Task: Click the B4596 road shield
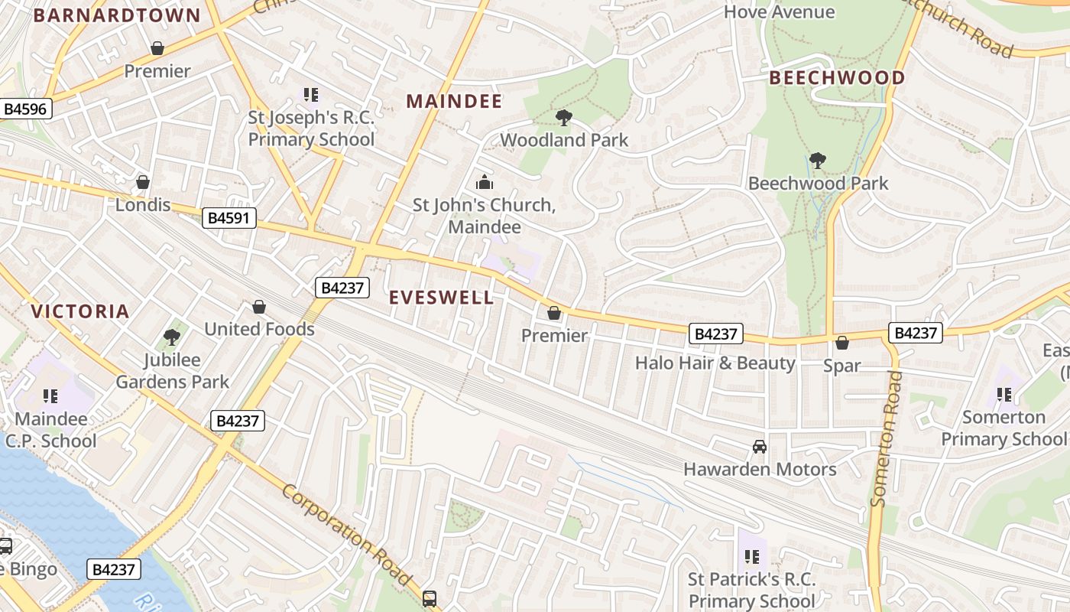click(x=25, y=109)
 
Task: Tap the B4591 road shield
click(x=229, y=218)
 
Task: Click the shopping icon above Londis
click(x=142, y=182)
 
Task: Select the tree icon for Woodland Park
click(x=564, y=118)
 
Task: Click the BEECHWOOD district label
click(x=837, y=77)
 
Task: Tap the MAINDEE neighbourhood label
click(x=454, y=101)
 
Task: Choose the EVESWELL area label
click(x=442, y=298)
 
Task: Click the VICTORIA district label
click(x=80, y=311)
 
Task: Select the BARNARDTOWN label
click(x=117, y=15)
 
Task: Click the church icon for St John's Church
click(x=484, y=182)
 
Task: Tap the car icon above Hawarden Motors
click(x=759, y=447)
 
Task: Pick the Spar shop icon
click(x=842, y=343)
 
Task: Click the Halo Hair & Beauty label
click(x=715, y=363)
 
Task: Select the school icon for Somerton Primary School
click(x=1004, y=395)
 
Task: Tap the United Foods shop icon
click(x=259, y=307)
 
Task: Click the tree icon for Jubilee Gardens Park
click(x=172, y=337)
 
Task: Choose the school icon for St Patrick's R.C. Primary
click(x=751, y=557)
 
